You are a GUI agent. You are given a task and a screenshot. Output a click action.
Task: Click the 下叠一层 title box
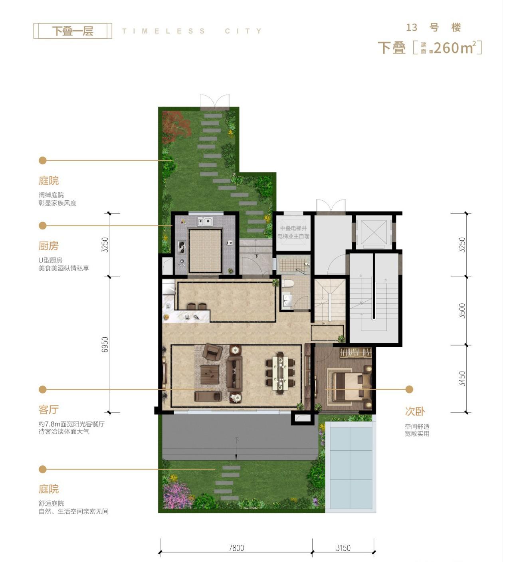pos(73,31)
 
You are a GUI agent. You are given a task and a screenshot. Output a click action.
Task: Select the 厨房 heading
pos(49,245)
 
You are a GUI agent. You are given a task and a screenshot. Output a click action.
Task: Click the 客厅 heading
pos(49,410)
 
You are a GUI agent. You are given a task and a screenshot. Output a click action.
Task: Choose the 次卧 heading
pos(415,411)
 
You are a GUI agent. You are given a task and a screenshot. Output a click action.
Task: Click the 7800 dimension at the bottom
pos(236,548)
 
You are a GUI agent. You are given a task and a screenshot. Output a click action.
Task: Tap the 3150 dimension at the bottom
pos(343,548)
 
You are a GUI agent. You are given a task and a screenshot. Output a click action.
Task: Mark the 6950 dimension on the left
pos(105,344)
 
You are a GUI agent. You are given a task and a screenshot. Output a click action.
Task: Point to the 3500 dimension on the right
pos(462,311)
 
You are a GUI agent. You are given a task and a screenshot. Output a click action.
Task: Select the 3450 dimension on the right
pos(462,378)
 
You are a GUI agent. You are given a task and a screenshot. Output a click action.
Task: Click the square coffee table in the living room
pos(209,374)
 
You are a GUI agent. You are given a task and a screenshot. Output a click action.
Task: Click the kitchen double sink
pos(205,221)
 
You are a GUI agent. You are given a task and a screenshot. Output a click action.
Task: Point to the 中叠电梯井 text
pos(293,228)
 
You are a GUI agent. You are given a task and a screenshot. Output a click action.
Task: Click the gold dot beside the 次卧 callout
pos(409,389)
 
